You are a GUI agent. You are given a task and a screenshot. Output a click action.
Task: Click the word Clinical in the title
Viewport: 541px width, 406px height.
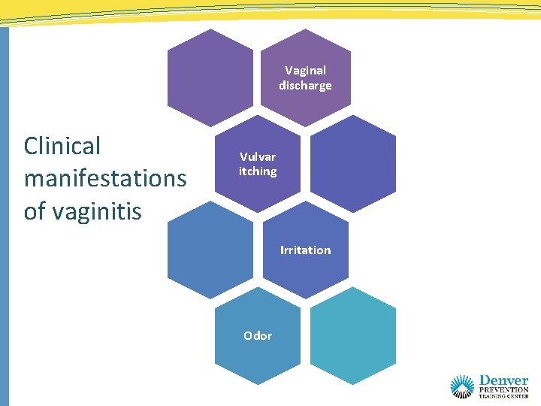pyautogui.click(x=62, y=146)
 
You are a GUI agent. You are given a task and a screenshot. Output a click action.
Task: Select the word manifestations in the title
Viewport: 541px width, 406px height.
pyautogui.click(x=105, y=179)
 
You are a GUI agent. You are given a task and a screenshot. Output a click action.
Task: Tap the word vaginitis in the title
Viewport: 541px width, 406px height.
pyautogui.click(x=94, y=211)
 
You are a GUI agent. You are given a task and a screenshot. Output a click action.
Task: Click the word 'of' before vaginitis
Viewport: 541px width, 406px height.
pyautogui.click(x=34, y=211)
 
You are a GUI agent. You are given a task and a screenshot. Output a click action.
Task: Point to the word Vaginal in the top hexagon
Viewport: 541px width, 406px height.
pyautogui.click(x=305, y=71)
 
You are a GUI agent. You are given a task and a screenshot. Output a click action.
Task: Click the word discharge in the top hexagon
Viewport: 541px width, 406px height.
pyautogui.click(x=305, y=86)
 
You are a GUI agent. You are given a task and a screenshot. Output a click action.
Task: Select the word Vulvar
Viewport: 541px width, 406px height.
pyautogui.click(x=258, y=156)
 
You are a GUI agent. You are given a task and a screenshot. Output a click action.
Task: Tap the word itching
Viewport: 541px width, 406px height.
pyautogui.click(x=258, y=171)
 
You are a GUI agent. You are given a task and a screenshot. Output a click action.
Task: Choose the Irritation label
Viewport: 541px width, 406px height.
pyautogui.click(x=305, y=250)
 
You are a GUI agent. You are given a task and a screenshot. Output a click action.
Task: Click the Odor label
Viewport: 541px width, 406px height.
pyautogui.click(x=258, y=335)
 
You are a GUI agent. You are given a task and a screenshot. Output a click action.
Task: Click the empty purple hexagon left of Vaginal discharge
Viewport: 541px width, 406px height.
pyautogui.click(x=210, y=77)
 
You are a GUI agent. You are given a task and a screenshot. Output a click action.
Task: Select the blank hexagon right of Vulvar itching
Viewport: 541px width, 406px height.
pyautogui.click(x=352, y=163)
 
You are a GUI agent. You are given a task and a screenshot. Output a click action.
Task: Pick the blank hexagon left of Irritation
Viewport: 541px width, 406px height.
pyautogui.click(x=210, y=249)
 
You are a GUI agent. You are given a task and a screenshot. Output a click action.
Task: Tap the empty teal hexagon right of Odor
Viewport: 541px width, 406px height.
pyautogui.click(x=352, y=335)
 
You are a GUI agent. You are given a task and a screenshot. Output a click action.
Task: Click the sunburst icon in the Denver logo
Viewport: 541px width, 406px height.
pyautogui.click(x=462, y=386)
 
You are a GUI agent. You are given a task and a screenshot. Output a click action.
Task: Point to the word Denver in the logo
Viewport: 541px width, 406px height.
pyautogui.click(x=503, y=380)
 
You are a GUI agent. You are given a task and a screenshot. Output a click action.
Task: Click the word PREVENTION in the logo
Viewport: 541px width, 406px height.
pyautogui.click(x=503, y=389)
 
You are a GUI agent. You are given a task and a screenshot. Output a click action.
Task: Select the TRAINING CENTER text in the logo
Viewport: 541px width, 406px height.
pyautogui.click(x=503, y=395)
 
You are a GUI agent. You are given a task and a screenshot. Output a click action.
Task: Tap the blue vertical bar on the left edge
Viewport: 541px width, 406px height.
pyautogui.click(x=4, y=218)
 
